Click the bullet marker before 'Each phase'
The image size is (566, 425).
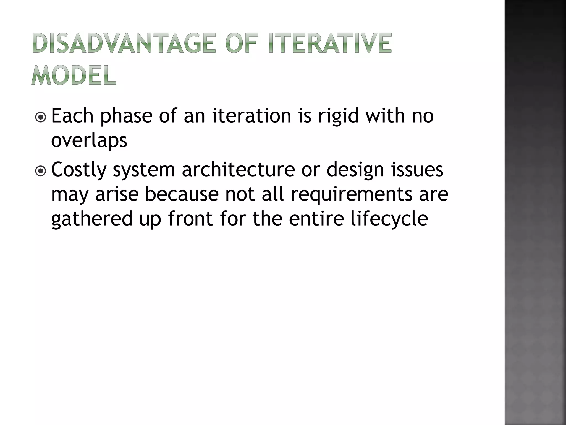coord(41,117)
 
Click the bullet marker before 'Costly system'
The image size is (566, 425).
coord(41,171)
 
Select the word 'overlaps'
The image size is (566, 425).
coord(89,140)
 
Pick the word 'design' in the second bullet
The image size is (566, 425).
coord(355,170)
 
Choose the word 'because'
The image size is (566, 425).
coord(182,194)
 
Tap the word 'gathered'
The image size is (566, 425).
coord(92,219)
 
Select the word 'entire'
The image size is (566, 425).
coord(316,219)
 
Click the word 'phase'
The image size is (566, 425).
coord(126,116)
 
